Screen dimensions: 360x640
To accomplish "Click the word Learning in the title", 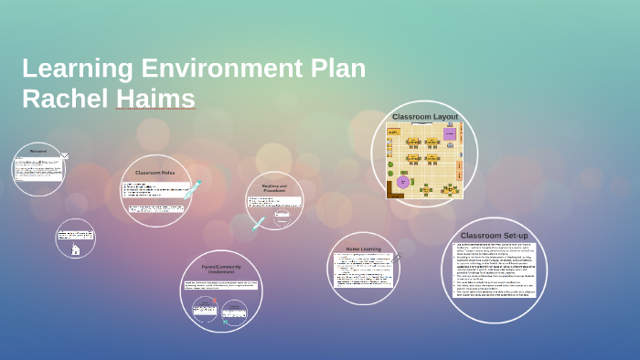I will [x=77, y=69].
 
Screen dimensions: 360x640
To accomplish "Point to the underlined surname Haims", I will [x=155, y=99].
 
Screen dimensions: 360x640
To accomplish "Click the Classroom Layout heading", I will [x=424, y=117].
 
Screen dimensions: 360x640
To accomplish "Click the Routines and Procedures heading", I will [x=274, y=188].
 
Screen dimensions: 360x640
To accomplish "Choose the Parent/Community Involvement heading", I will [x=220, y=270].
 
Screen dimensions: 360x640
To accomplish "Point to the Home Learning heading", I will [x=363, y=249].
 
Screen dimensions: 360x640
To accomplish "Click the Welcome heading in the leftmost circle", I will [x=38, y=151].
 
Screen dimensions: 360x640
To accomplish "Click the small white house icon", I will [x=75, y=249].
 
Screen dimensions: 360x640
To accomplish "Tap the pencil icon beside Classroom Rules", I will [x=193, y=189].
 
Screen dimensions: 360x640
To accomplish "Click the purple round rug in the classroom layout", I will [x=402, y=182].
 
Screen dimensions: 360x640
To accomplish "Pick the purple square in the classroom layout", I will [x=450, y=134].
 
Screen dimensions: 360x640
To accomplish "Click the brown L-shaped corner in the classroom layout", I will [x=394, y=189].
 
